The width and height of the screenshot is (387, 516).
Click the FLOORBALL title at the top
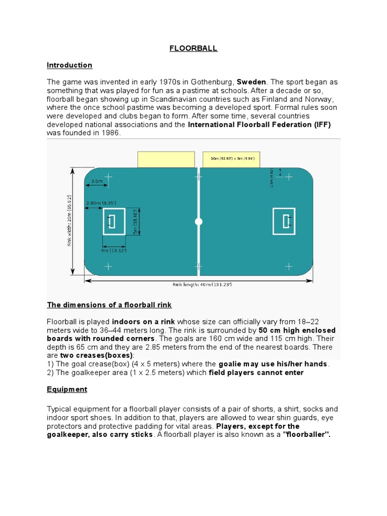[193, 49]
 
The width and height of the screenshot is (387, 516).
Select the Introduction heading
[70, 65]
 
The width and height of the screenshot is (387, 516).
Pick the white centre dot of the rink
[199, 222]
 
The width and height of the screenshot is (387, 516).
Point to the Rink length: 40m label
[202, 284]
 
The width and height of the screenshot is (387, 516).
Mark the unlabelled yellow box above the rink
[166, 159]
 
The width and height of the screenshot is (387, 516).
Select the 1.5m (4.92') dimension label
[272, 177]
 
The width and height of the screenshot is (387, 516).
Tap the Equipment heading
[67, 390]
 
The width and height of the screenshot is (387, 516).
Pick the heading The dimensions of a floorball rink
[109, 305]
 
